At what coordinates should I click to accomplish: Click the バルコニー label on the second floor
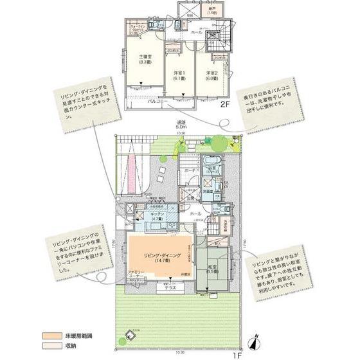pyautogui.click(x=158, y=102)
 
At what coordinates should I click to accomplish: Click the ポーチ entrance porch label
pyautogui.click(x=190, y=170)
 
